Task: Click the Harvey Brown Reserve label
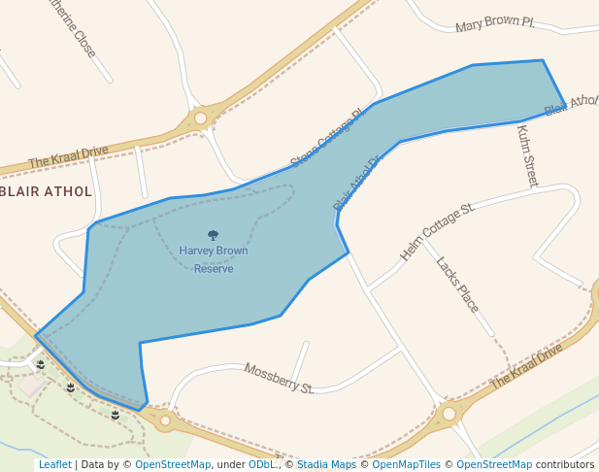coord(213,259)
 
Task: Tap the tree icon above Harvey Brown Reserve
coord(213,235)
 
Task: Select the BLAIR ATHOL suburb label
coord(48,191)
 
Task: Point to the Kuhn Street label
coord(527,155)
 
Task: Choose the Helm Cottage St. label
coord(436,232)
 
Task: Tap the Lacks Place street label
coord(457,285)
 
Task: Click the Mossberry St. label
coord(279,379)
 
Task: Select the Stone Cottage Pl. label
coord(326,137)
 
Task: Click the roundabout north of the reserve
coord(200,118)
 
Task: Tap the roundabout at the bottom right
coord(449,414)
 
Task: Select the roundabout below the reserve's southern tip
coord(165,421)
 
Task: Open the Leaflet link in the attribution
coord(54,464)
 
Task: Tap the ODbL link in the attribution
coord(262,464)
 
